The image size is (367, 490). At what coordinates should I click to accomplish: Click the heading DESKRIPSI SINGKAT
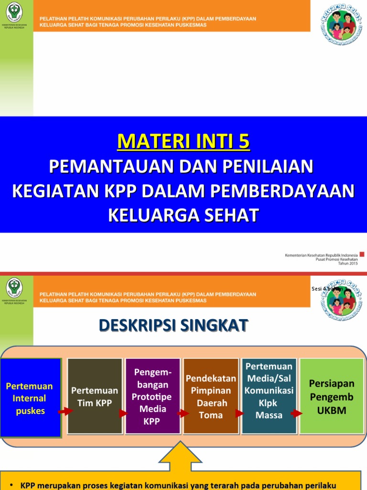(173, 325)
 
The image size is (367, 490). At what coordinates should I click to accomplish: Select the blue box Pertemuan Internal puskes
(30, 398)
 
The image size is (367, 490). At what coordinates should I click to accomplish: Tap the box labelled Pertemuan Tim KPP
(95, 396)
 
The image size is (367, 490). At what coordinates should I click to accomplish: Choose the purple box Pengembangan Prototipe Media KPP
(152, 396)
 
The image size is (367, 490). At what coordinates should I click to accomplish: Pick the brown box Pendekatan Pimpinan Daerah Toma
(211, 396)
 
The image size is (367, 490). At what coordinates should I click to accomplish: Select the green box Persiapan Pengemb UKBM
(331, 396)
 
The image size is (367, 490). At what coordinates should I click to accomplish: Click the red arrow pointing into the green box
(296, 413)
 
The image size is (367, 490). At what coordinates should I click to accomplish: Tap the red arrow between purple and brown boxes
(181, 413)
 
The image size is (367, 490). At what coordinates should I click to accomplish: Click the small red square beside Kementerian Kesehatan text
(362, 254)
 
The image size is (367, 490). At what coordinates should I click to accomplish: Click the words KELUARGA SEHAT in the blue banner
(183, 215)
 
